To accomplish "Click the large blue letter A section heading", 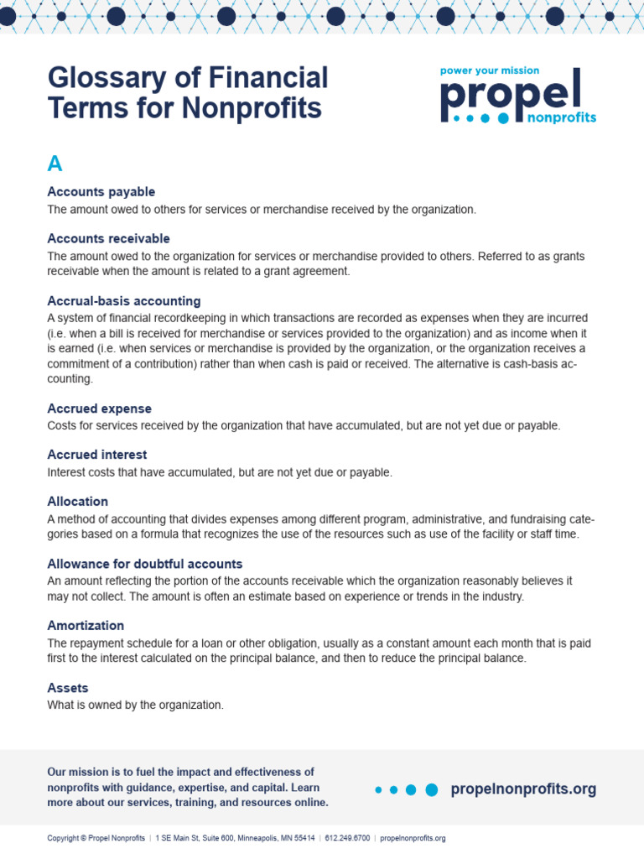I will tap(55, 164).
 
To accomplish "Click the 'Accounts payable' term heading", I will tap(101, 192).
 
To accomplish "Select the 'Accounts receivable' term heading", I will tap(108, 239).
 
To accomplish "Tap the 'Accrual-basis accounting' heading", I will tap(123, 301).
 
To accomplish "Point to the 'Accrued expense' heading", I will tap(99, 409).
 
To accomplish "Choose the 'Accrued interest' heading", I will tap(96, 455).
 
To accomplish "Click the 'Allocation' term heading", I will tap(77, 502).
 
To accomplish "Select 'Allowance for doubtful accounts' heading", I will tap(144, 564).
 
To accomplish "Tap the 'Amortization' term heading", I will tap(86, 626).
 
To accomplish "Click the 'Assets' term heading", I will tap(67, 688).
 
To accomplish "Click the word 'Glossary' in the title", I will tap(106, 79).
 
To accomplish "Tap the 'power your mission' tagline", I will tap(490, 70).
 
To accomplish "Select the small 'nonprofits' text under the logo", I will tap(561, 118).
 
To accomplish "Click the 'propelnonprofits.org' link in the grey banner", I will tap(523, 789).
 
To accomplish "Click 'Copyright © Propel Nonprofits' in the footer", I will tap(96, 838).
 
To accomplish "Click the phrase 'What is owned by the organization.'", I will tap(135, 705).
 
